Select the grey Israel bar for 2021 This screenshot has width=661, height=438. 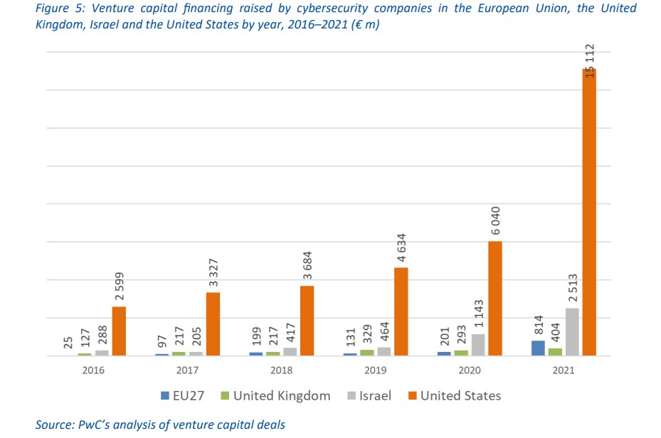[572, 331]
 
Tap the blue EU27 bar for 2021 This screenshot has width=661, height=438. [538, 348]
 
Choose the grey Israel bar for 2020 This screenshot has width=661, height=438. [478, 345]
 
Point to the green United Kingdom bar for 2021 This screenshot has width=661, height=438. [555, 351]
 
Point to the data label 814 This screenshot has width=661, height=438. [538, 324]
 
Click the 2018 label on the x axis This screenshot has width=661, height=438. [282, 370]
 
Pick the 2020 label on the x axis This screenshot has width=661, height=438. [470, 370]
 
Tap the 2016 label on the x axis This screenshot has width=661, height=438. [93, 370]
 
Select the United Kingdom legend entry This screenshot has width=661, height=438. [275, 396]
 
